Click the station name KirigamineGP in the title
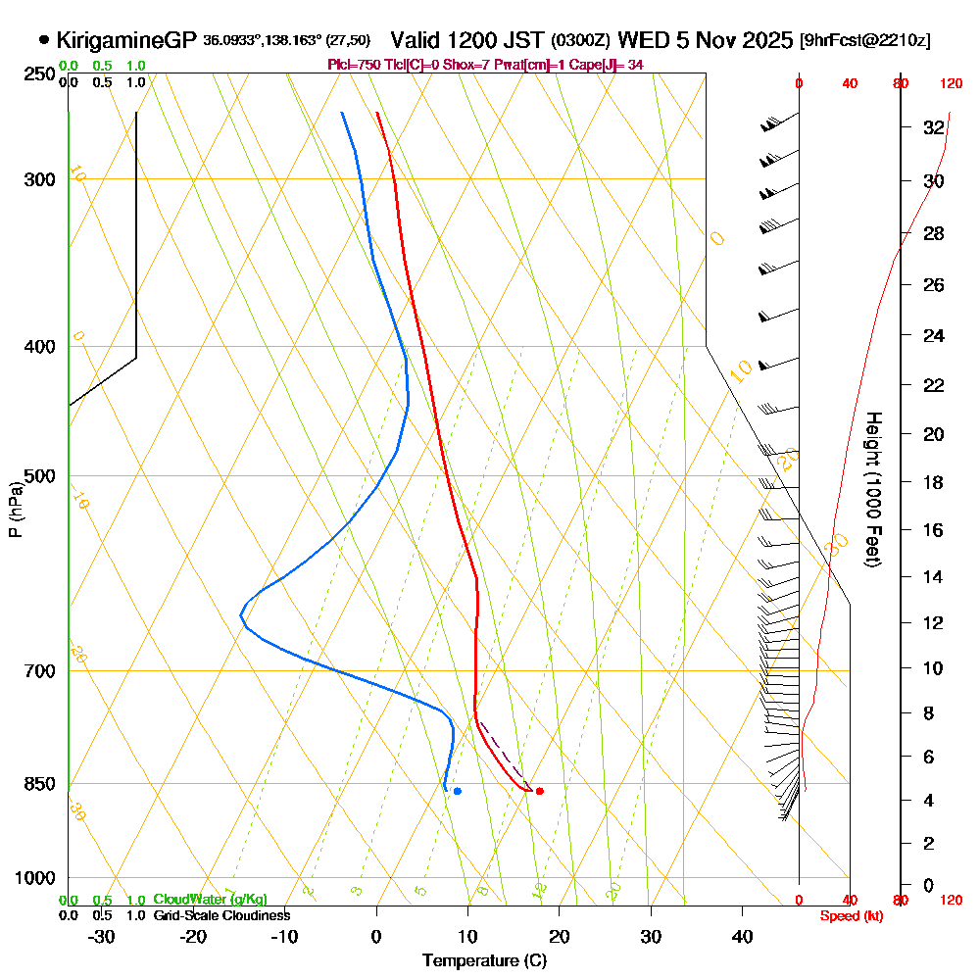(127, 41)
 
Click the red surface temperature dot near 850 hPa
(540, 791)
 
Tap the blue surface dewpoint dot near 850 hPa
(457, 791)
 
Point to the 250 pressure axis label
(39, 73)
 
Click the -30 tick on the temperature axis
(101, 937)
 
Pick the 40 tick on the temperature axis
(743, 937)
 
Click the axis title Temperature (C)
(484, 961)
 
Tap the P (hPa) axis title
(15, 509)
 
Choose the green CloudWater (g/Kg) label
(209, 900)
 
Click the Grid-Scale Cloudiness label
(221, 915)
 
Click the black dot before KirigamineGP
(44, 41)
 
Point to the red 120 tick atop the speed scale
(951, 84)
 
